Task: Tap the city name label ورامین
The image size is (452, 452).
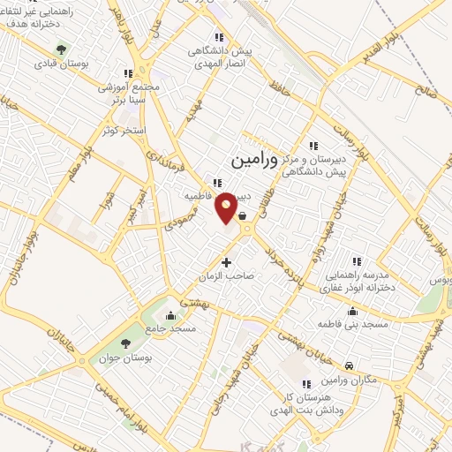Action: [253, 162]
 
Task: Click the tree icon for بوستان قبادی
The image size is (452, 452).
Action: [60, 50]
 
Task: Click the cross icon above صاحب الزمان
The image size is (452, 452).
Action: [227, 262]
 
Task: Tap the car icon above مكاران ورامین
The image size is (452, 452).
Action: [350, 365]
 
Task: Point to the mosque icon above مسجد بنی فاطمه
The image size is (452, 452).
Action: [353, 311]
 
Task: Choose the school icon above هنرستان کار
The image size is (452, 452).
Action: [305, 385]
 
